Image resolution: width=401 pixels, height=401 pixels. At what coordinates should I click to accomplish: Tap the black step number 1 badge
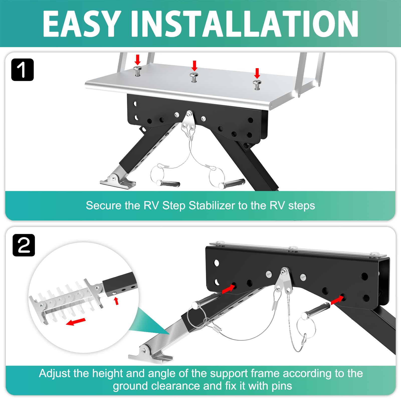[x=23, y=70]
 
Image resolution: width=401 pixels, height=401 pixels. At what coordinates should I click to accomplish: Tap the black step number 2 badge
[x=24, y=245]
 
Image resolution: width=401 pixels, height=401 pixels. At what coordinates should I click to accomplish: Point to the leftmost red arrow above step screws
[x=137, y=60]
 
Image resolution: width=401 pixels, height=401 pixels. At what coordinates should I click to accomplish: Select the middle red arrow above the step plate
[x=194, y=66]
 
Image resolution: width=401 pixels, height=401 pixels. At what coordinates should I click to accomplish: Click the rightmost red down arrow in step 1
[x=257, y=73]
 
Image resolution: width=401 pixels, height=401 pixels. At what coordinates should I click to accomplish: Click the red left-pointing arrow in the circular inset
[x=76, y=322]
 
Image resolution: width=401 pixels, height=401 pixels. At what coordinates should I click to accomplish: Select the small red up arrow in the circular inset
[x=116, y=301]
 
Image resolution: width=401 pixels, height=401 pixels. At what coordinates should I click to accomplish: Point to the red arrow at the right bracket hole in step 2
[x=337, y=300]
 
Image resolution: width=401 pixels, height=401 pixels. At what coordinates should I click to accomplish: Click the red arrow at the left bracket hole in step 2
[x=229, y=289]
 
